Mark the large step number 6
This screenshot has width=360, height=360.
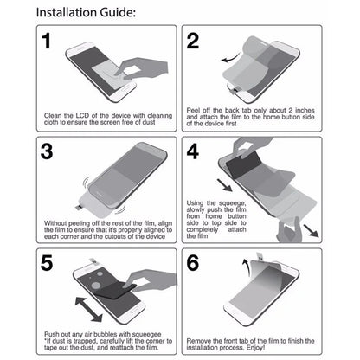pos(194,261)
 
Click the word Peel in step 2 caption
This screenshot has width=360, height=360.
pos(194,110)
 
